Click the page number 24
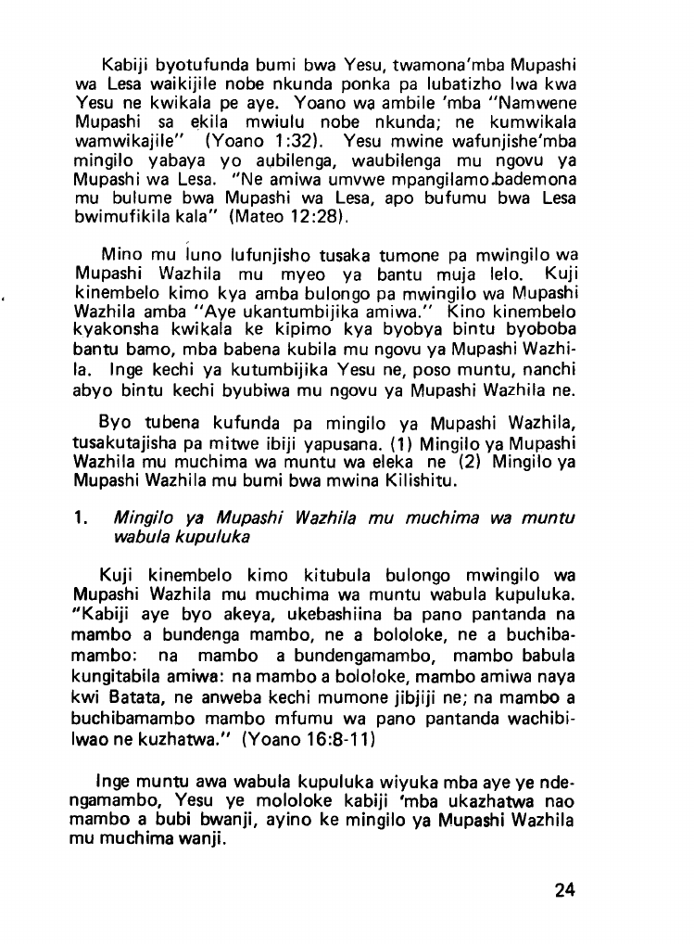pos(564,890)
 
